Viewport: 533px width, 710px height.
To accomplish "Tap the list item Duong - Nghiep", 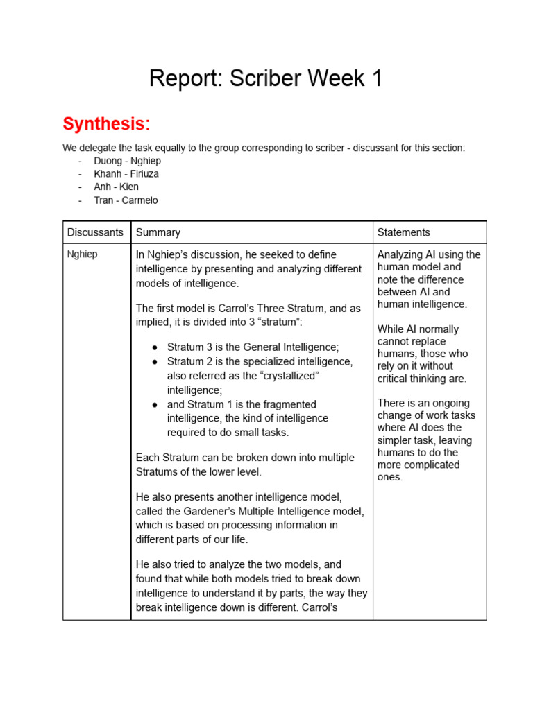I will [x=127, y=161].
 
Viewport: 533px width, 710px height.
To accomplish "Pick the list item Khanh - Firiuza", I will [x=126, y=174].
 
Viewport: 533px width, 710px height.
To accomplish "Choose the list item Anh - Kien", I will [x=116, y=187].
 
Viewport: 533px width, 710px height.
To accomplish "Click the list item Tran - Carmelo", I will [x=126, y=200].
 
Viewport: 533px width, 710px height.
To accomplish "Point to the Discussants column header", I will [x=95, y=232].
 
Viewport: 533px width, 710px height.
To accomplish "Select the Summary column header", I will [x=158, y=232].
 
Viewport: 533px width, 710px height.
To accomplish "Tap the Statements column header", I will [x=403, y=232].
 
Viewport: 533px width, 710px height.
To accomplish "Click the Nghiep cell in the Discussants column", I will [x=83, y=254].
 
